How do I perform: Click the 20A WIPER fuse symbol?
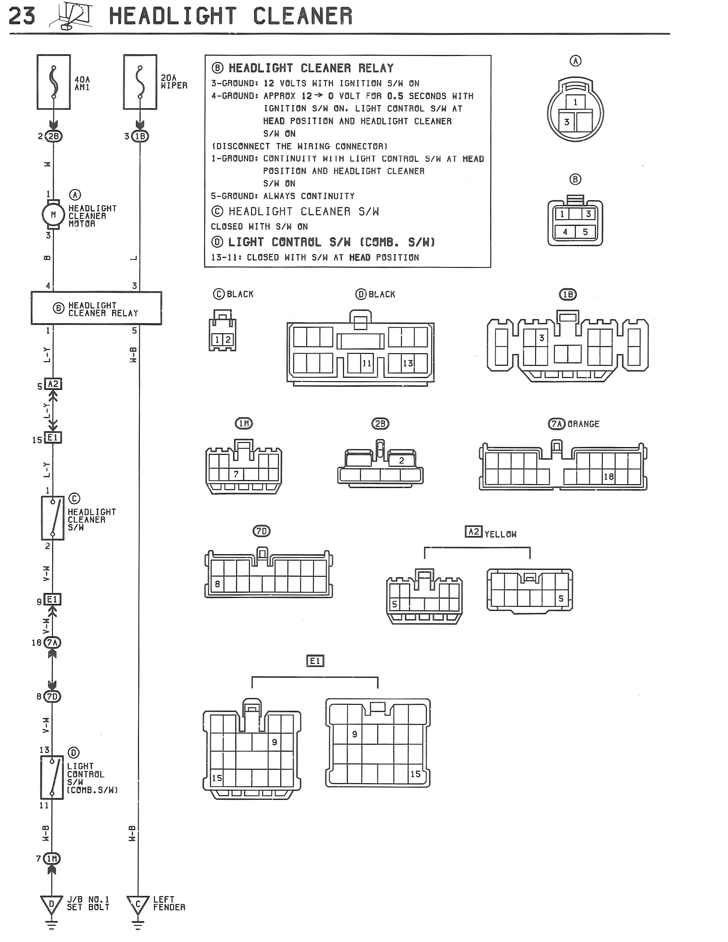point(140,82)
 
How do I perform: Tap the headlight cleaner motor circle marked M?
point(53,214)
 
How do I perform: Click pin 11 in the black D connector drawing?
point(367,363)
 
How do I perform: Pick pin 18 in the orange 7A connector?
point(608,477)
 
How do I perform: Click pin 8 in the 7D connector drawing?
point(217,584)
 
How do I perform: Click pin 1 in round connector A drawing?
point(575,102)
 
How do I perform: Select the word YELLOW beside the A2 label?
point(500,534)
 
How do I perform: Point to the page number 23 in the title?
point(22,16)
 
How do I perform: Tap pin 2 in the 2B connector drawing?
point(401,461)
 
